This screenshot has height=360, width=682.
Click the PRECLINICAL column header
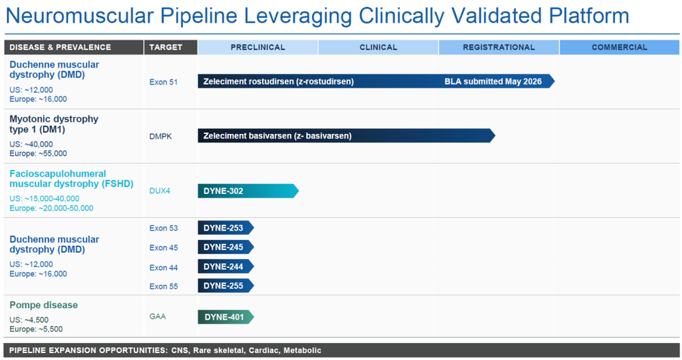click(x=257, y=47)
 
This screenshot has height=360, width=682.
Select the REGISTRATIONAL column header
click(x=498, y=47)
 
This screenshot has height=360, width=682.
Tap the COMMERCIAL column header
click(x=619, y=47)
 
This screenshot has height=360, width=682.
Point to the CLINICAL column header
click(x=378, y=47)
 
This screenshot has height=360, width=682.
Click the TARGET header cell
click(x=171, y=47)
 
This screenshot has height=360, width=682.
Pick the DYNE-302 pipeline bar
click(x=248, y=191)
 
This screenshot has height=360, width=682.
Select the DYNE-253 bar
click(x=226, y=227)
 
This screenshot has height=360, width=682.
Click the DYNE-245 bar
click(x=226, y=247)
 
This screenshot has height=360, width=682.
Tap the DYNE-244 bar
click(x=226, y=266)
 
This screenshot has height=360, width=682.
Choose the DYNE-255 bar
click(x=226, y=286)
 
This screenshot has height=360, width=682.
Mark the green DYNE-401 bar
click(x=226, y=317)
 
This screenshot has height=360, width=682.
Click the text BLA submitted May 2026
click(x=493, y=81)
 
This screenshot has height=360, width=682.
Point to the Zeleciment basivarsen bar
click(x=347, y=135)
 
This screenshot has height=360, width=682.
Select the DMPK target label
click(x=160, y=136)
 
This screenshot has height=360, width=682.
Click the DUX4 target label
click(x=160, y=191)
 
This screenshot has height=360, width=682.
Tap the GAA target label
click(x=158, y=316)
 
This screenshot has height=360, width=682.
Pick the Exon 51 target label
click(x=164, y=82)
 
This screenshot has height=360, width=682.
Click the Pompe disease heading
click(x=44, y=305)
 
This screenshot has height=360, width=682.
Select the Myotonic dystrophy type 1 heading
click(x=54, y=124)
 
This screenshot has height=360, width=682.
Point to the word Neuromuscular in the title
click(x=80, y=16)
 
